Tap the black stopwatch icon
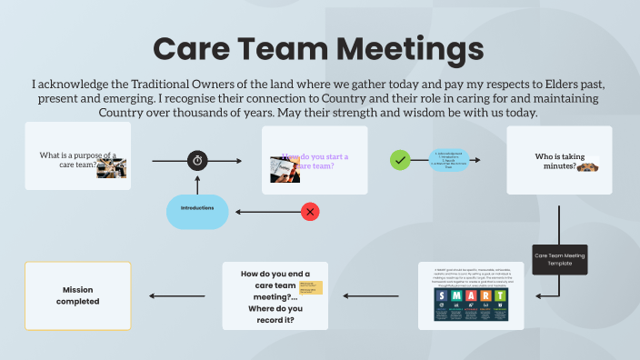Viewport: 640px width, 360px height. pos(197,161)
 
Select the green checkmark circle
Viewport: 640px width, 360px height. pos(399,160)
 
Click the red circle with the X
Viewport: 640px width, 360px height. pos(310,212)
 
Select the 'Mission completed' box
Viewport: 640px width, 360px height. pos(77,295)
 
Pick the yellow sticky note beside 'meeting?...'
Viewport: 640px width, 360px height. pos(311,287)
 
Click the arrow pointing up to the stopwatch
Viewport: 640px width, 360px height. pos(197,183)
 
